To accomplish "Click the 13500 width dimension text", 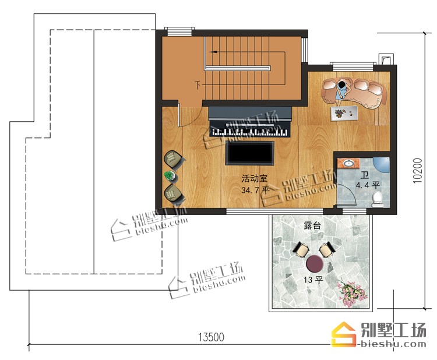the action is [211, 337].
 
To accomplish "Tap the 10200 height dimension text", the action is [418, 171].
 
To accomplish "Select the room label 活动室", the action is [255, 178].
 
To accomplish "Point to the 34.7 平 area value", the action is [255, 190].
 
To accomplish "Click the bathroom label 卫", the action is [365, 175].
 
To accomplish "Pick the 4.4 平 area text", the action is [368, 185].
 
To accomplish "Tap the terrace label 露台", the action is [312, 225].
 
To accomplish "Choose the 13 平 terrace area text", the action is [313, 280].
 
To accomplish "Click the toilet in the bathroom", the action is [378, 199].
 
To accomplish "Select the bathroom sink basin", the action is [347, 163].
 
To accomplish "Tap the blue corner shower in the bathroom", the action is [382, 164].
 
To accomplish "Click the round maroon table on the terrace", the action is [315, 263].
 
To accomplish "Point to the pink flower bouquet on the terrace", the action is [351, 294].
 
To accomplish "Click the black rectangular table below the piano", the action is [250, 153].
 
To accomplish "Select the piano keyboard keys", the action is [249, 132].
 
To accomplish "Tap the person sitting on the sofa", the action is [342, 91].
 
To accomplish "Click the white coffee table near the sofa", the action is [344, 114].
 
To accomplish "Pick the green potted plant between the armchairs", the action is [170, 176].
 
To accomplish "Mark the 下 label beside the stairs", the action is [198, 84].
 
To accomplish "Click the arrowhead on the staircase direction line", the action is [214, 52].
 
